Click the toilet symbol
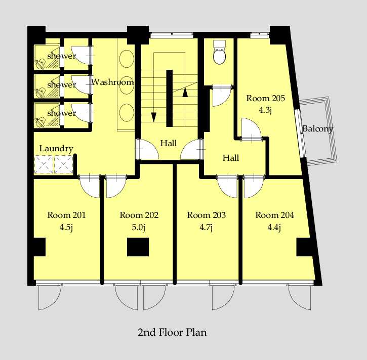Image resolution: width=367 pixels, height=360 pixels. coord(220,52)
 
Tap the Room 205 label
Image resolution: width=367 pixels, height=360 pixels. coord(265,98)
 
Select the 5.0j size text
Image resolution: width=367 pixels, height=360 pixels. coord(139,227)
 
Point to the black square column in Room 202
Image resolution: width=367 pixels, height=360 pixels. coord(138,247)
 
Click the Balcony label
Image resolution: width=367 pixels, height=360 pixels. coord(317,128)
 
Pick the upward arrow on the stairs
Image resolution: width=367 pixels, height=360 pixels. coord(185,92)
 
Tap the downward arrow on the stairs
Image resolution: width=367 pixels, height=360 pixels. coord(153,117)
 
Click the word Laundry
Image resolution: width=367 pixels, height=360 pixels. coord(56,149)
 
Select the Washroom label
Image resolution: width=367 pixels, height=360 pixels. coord(112,82)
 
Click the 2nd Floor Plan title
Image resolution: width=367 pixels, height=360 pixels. coord(172,332)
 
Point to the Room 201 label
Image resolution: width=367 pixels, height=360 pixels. coord(66,215)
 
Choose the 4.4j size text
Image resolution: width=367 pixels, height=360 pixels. coord(274,227)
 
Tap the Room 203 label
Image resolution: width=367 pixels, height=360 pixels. coord(207,215)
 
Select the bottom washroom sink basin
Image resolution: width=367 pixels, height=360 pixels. coord(127,113)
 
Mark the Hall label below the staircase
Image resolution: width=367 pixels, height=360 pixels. coord(169,143)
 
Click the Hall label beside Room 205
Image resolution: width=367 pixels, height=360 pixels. coord(231,158)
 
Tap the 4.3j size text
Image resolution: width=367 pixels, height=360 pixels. coord(265,110)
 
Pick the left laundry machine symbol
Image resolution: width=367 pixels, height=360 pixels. coord(44,165)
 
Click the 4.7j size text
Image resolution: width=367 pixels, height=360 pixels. coord(206,227)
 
